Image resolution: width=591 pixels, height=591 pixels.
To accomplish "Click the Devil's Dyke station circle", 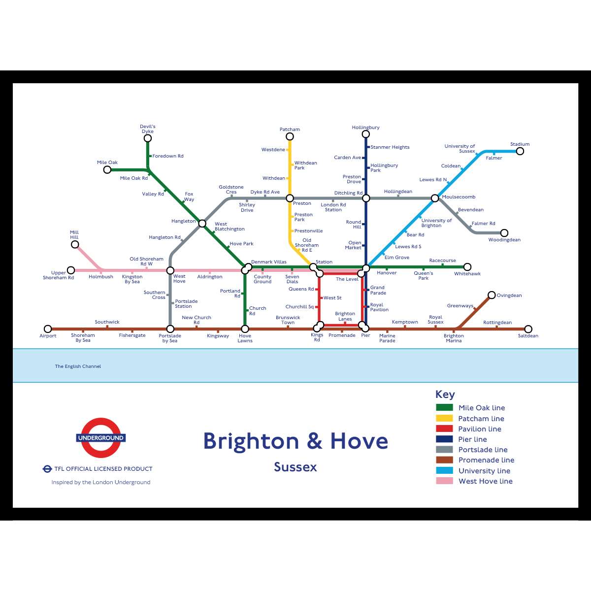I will (x=148, y=138).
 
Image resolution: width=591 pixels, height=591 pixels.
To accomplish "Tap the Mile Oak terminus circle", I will (x=107, y=170).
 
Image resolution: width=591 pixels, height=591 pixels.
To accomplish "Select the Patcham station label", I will (x=290, y=130).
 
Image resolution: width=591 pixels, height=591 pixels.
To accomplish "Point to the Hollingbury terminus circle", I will (x=366, y=134).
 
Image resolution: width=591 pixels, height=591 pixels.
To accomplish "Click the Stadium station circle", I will (x=520, y=151).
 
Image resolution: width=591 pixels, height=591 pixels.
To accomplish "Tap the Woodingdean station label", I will (x=504, y=240).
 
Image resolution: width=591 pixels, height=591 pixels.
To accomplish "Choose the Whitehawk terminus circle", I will (x=467, y=267).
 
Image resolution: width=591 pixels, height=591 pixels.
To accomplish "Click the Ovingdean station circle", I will (x=492, y=295).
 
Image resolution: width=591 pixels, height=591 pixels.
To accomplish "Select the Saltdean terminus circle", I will (x=528, y=329).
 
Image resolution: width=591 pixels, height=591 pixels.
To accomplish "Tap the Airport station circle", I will (x=48, y=329).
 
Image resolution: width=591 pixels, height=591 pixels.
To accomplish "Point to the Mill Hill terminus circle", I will (x=75, y=244).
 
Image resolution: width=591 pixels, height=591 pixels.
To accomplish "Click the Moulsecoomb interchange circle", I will (x=435, y=198).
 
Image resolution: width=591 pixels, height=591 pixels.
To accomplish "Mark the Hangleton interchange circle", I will (x=202, y=224).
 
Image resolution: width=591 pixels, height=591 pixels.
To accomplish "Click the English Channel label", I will (x=78, y=366).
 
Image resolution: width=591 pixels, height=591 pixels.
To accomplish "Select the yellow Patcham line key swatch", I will (x=444, y=418).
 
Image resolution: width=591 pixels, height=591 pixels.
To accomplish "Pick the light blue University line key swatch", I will (x=444, y=470).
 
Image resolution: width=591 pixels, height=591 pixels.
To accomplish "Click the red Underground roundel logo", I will (x=101, y=438).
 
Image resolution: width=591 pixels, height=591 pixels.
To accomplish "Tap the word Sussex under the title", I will (x=295, y=467).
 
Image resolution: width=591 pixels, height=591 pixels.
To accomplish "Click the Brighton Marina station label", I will (x=454, y=338).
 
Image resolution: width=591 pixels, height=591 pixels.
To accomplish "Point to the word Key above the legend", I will (x=445, y=394).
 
